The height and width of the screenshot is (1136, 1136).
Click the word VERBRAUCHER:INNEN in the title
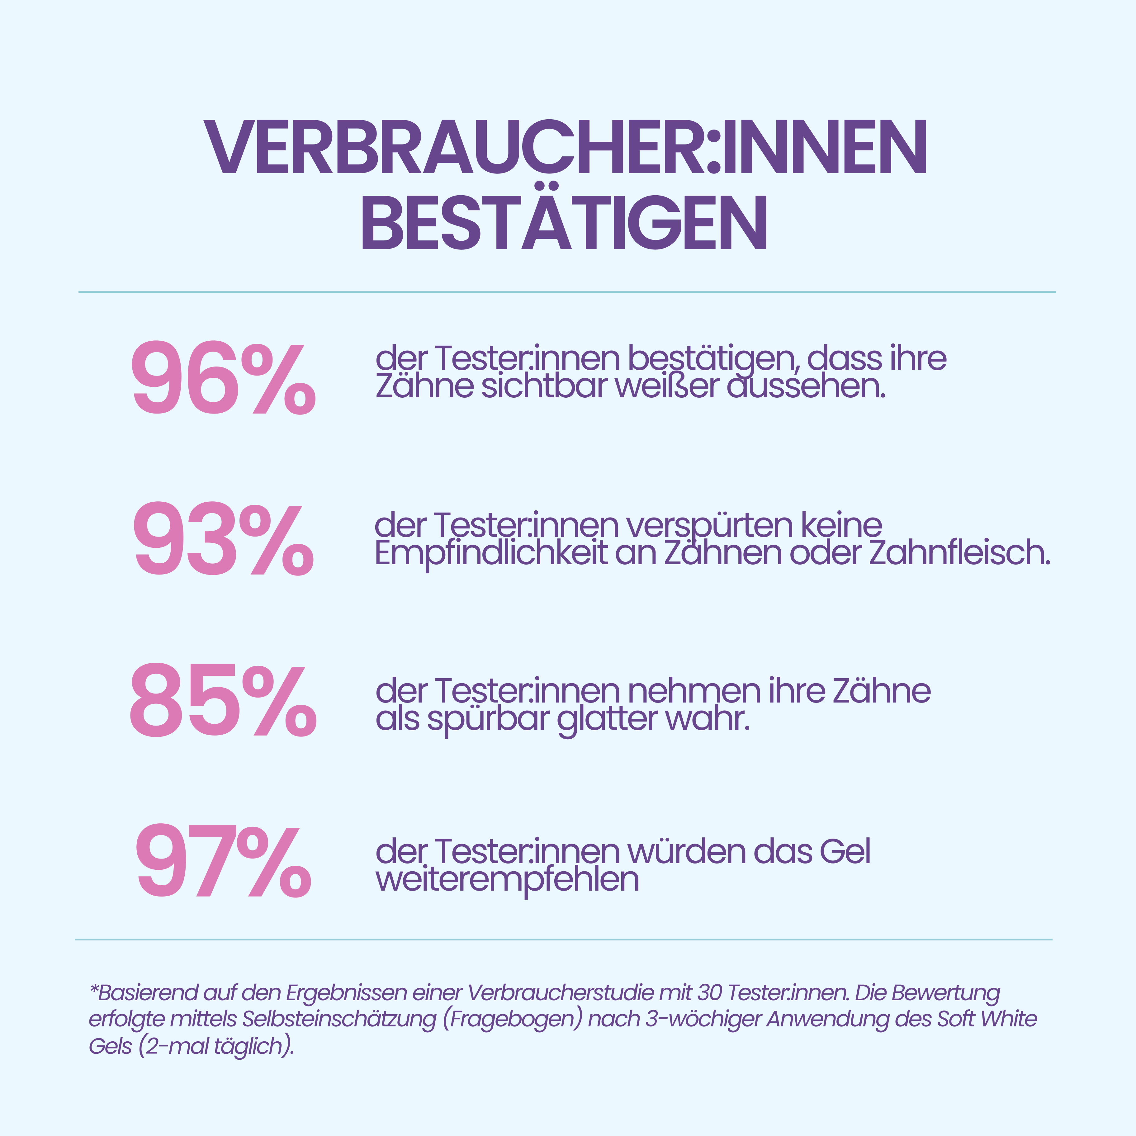(565, 147)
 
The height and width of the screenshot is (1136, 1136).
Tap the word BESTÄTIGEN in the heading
(565, 224)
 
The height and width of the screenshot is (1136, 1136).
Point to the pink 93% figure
(224, 540)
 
